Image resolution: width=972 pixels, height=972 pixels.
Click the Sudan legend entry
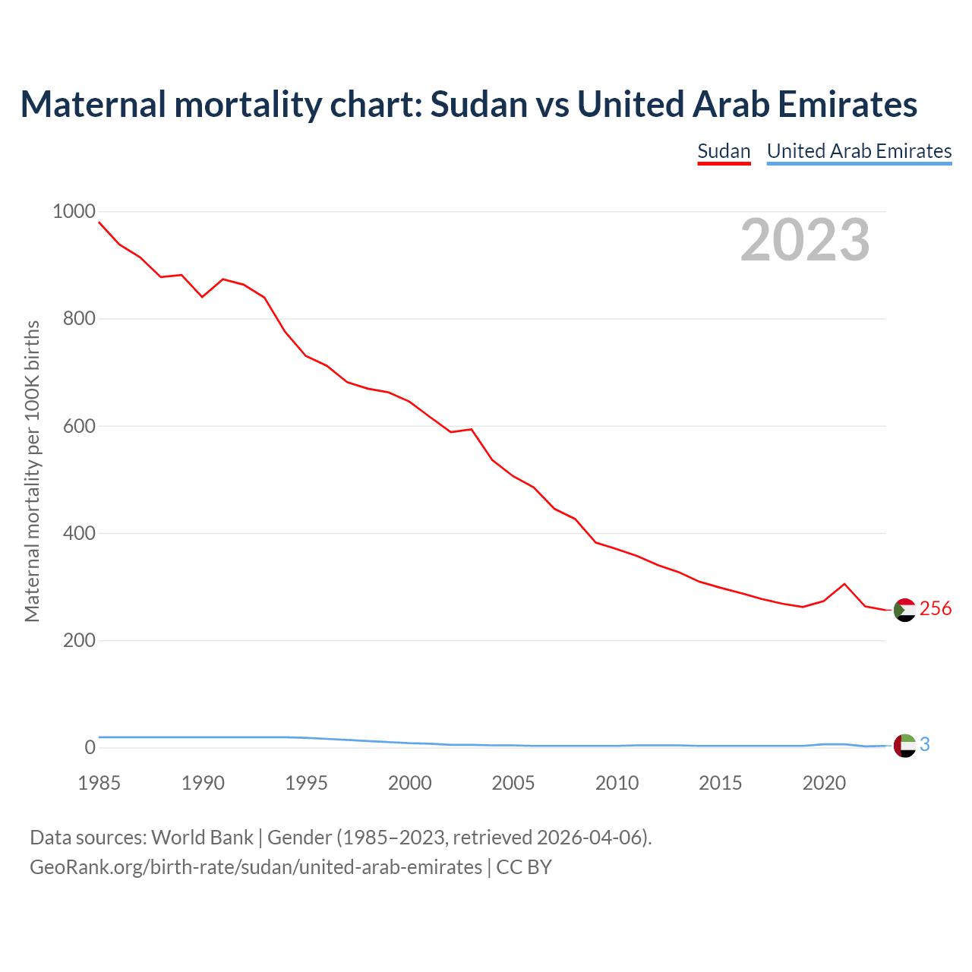click(x=724, y=151)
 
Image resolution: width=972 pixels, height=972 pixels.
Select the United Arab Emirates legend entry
click(x=859, y=151)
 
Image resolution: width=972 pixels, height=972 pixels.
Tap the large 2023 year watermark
click(x=805, y=240)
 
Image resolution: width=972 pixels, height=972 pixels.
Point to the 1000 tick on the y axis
click(x=74, y=211)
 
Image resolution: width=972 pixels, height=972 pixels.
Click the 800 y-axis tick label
click(x=79, y=318)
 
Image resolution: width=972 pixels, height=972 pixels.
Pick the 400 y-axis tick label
click(x=79, y=533)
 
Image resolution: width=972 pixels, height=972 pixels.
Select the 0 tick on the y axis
click(x=90, y=748)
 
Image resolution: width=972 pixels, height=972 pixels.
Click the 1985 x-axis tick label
click(x=99, y=783)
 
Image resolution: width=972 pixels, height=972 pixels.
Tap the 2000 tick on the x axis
click(x=410, y=783)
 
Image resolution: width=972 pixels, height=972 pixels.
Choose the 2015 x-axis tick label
click(x=721, y=783)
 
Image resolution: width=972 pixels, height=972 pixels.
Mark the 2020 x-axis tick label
click(x=824, y=783)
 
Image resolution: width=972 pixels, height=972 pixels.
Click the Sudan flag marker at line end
click(x=904, y=610)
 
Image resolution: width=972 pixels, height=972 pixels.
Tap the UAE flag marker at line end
click(x=904, y=746)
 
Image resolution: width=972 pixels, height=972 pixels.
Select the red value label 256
click(x=936, y=608)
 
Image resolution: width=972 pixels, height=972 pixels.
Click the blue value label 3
click(x=925, y=745)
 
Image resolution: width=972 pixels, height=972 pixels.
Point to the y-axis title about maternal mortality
click(x=32, y=471)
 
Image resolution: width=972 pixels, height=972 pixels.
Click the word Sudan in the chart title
click(x=479, y=104)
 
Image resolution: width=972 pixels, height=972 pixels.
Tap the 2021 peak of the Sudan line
click(x=844, y=584)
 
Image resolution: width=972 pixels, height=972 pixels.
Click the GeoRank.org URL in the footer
click(x=256, y=867)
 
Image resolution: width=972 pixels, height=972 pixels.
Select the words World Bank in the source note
click(x=202, y=838)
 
